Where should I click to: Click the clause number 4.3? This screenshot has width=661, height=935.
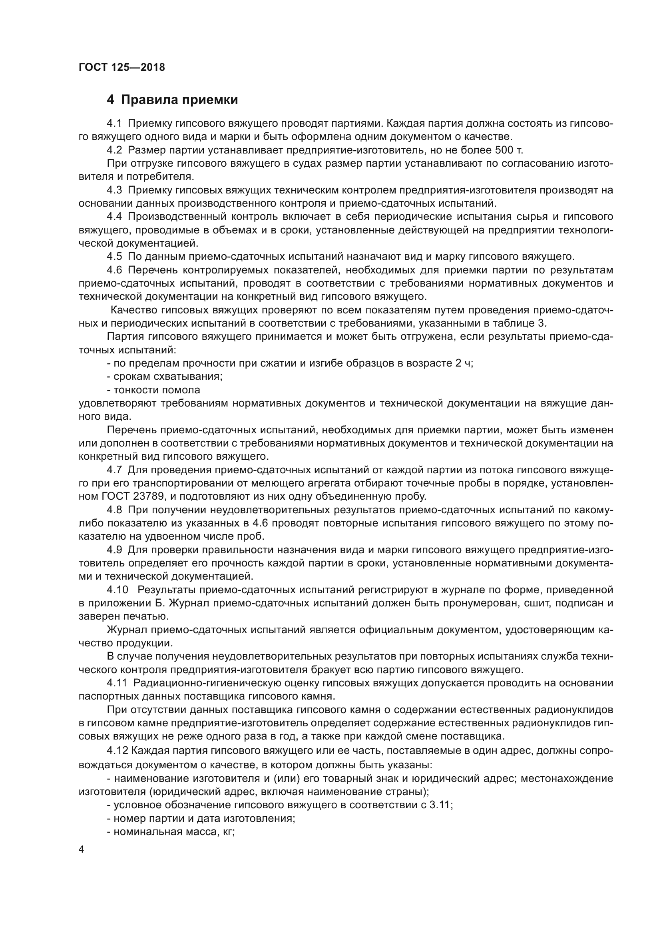(114, 190)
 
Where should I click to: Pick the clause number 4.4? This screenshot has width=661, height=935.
(114, 217)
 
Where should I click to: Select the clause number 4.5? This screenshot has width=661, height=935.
(114, 257)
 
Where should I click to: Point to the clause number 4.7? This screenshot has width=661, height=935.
(114, 470)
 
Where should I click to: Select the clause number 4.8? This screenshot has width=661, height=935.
(114, 510)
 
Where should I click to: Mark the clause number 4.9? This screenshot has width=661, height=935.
(114, 550)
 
